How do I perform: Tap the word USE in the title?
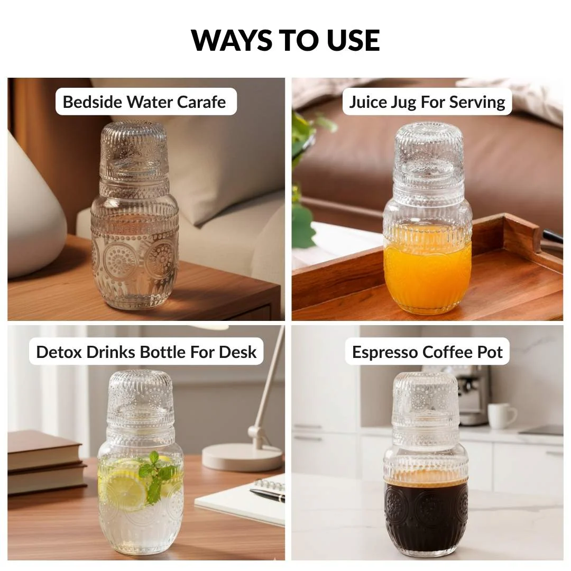(x=353, y=40)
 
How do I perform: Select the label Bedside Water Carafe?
(x=144, y=102)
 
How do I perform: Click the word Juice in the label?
(x=368, y=102)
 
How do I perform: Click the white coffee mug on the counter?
(x=501, y=416)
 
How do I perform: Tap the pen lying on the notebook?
(x=268, y=495)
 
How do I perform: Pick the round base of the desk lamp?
(x=243, y=457)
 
